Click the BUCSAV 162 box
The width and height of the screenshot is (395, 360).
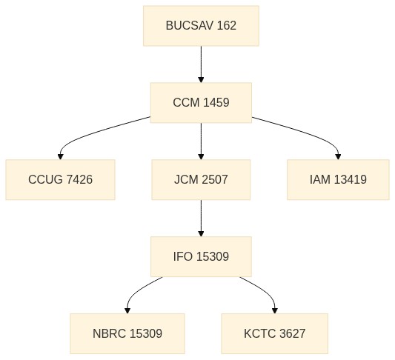(x=201, y=26)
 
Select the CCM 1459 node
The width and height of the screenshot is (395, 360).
(x=201, y=103)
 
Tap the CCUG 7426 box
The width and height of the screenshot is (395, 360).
(x=61, y=180)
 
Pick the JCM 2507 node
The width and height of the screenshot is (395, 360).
(x=201, y=180)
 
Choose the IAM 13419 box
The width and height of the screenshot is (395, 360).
(x=338, y=180)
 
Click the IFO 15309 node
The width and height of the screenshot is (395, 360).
(x=201, y=257)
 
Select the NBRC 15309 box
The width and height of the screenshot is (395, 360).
(x=127, y=334)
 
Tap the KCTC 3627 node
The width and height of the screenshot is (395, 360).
(x=275, y=334)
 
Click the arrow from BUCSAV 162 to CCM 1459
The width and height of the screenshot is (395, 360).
(x=201, y=64)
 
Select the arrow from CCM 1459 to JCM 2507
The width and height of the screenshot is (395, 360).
(x=201, y=141)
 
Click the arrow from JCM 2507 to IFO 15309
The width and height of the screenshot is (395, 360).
(x=201, y=219)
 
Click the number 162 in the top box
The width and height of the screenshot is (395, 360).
(x=226, y=26)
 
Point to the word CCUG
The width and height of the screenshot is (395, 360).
(x=46, y=180)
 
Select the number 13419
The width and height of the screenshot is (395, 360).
(x=351, y=180)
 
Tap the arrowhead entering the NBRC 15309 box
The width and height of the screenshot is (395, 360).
(x=127, y=310)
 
